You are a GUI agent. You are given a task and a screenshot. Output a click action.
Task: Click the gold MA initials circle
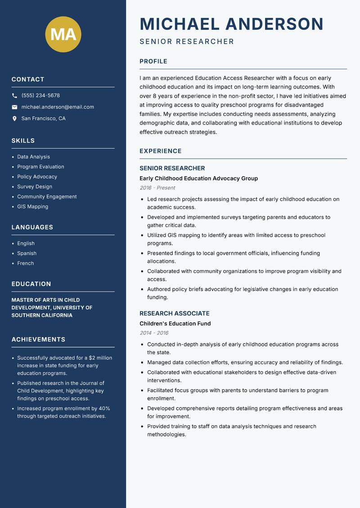(63, 34)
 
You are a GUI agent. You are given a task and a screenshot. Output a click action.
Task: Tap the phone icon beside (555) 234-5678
(15, 96)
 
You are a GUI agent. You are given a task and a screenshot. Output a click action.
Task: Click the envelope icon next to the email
(15, 107)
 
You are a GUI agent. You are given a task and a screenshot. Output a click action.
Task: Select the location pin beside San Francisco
(15, 119)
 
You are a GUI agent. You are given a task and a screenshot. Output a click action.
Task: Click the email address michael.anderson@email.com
(58, 107)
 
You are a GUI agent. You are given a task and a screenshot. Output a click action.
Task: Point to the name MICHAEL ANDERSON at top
(231, 24)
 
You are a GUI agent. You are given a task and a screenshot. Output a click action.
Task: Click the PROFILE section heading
(153, 62)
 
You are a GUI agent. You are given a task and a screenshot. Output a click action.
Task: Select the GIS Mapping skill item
(32, 207)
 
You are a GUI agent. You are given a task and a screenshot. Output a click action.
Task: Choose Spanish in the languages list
(27, 254)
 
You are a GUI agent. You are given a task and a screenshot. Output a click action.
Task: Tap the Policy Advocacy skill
(37, 177)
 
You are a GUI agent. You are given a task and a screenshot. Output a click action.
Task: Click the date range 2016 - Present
(157, 188)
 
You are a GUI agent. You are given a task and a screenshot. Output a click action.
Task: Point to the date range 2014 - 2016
(154, 333)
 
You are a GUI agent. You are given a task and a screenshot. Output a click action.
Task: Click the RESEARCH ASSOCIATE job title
(174, 313)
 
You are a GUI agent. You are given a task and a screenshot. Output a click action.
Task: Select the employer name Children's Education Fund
(175, 324)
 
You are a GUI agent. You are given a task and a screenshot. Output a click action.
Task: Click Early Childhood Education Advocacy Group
(198, 178)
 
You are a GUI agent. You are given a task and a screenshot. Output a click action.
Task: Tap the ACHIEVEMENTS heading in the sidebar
(38, 339)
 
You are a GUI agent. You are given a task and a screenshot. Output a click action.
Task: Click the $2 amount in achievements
(93, 358)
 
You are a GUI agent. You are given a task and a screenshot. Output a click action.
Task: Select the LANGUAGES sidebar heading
(32, 227)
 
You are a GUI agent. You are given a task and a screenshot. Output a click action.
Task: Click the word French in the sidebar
(25, 263)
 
